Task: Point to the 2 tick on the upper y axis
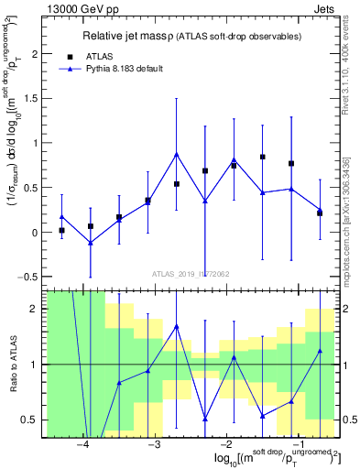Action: pyautogui.click(x=37, y=54)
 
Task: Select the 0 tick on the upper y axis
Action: pyautogui.click(x=37, y=233)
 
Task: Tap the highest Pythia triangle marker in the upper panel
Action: pyautogui.click(x=176, y=154)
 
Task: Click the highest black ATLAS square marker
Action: pyautogui.click(x=262, y=157)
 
